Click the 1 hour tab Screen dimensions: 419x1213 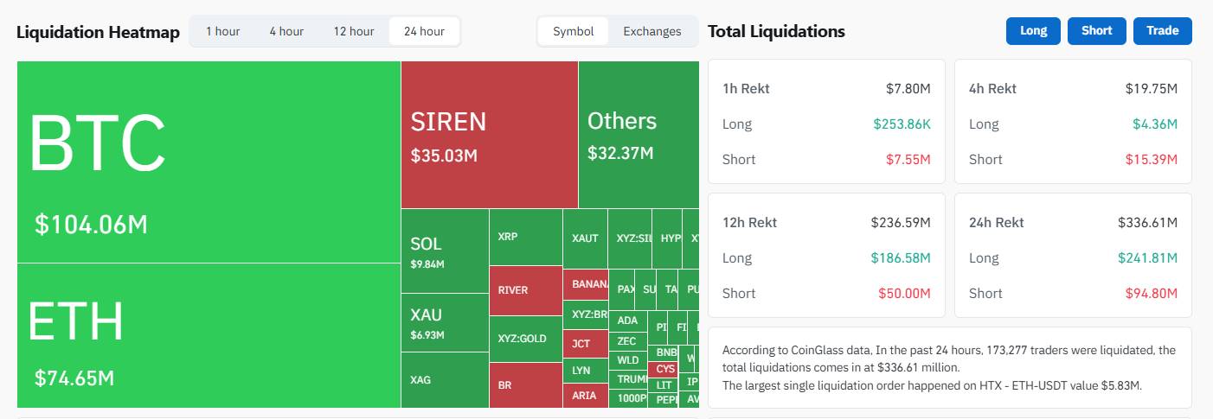(x=222, y=31)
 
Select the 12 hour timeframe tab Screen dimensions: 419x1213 (x=353, y=31)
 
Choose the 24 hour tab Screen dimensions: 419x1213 (x=424, y=31)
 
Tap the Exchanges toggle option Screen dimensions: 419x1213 (x=651, y=31)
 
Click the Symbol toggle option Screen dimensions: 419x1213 (x=573, y=31)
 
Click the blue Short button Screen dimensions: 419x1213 (x=1096, y=31)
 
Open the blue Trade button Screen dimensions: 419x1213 (x=1162, y=31)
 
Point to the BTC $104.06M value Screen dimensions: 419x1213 (x=91, y=225)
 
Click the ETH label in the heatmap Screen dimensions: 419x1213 (x=76, y=321)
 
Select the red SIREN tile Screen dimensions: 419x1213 (x=489, y=135)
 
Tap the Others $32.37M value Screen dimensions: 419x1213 (x=620, y=154)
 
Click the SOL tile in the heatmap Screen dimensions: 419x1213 (x=445, y=251)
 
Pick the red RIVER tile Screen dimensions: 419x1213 (x=525, y=290)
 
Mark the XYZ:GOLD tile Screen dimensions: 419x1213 (x=525, y=339)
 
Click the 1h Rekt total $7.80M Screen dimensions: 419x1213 (x=908, y=88)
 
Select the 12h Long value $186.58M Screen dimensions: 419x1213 (x=900, y=257)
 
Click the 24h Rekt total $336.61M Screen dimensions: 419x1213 (x=1147, y=222)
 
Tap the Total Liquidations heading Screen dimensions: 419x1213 (x=776, y=32)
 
